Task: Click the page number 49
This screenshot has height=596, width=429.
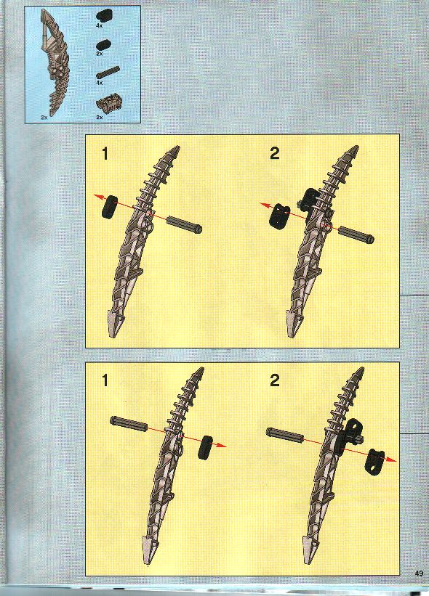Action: [x=420, y=573]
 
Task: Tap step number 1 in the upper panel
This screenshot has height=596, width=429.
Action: [x=106, y=153]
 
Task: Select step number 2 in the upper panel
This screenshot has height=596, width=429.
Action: [x=274, y=153]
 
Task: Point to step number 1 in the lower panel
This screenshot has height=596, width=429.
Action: [x=106, y=380]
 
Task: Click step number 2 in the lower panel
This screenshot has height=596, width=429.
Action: [x=274, y=380]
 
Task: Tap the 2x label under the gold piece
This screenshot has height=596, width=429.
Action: [x=99, y=116]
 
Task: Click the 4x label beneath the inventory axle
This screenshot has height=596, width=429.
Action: [x=99, y=83]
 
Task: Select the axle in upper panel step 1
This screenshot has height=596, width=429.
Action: [x=184, y=224]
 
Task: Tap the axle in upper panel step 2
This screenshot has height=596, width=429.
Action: [x=356, y=234]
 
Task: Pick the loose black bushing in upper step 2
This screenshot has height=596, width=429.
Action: [x=278, y=214]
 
